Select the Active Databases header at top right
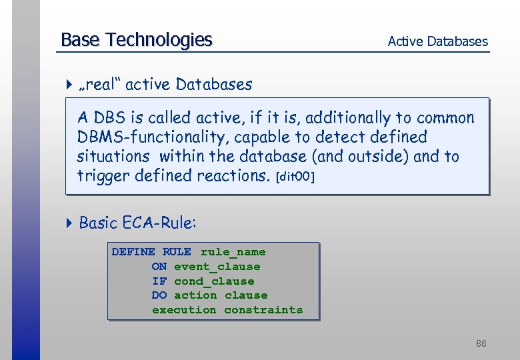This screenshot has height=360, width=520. tap(437, 41)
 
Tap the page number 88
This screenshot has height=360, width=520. tap(481, 344)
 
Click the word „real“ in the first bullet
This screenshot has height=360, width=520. tap(100, 85)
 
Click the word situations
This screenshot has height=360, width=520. tap(113, 157)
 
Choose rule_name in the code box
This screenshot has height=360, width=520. tap(233, 252)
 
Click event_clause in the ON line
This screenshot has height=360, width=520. tap(217, 267)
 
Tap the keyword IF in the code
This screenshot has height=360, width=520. tap(159, 281)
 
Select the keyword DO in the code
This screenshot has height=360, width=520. tap(159, 295)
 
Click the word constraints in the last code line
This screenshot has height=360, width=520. tap(263, 310)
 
